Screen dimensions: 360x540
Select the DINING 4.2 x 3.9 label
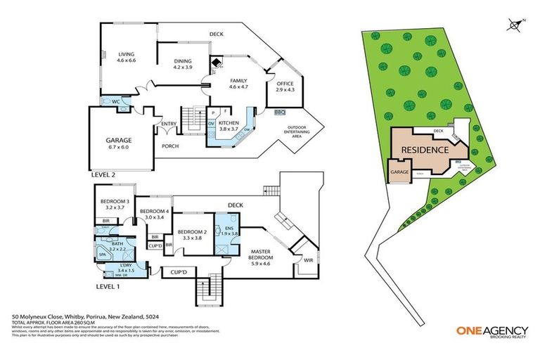coord(182,64)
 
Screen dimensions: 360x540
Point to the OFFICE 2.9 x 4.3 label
coord(284,87)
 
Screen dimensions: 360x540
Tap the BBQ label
coord(278,112)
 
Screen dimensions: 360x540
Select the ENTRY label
coord(169,124)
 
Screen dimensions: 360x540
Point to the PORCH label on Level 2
coord(170,146)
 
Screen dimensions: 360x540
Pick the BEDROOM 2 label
coord(191,235)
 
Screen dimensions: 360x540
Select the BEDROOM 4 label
coord(153,214)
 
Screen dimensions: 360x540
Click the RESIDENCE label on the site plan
coord(425,150)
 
